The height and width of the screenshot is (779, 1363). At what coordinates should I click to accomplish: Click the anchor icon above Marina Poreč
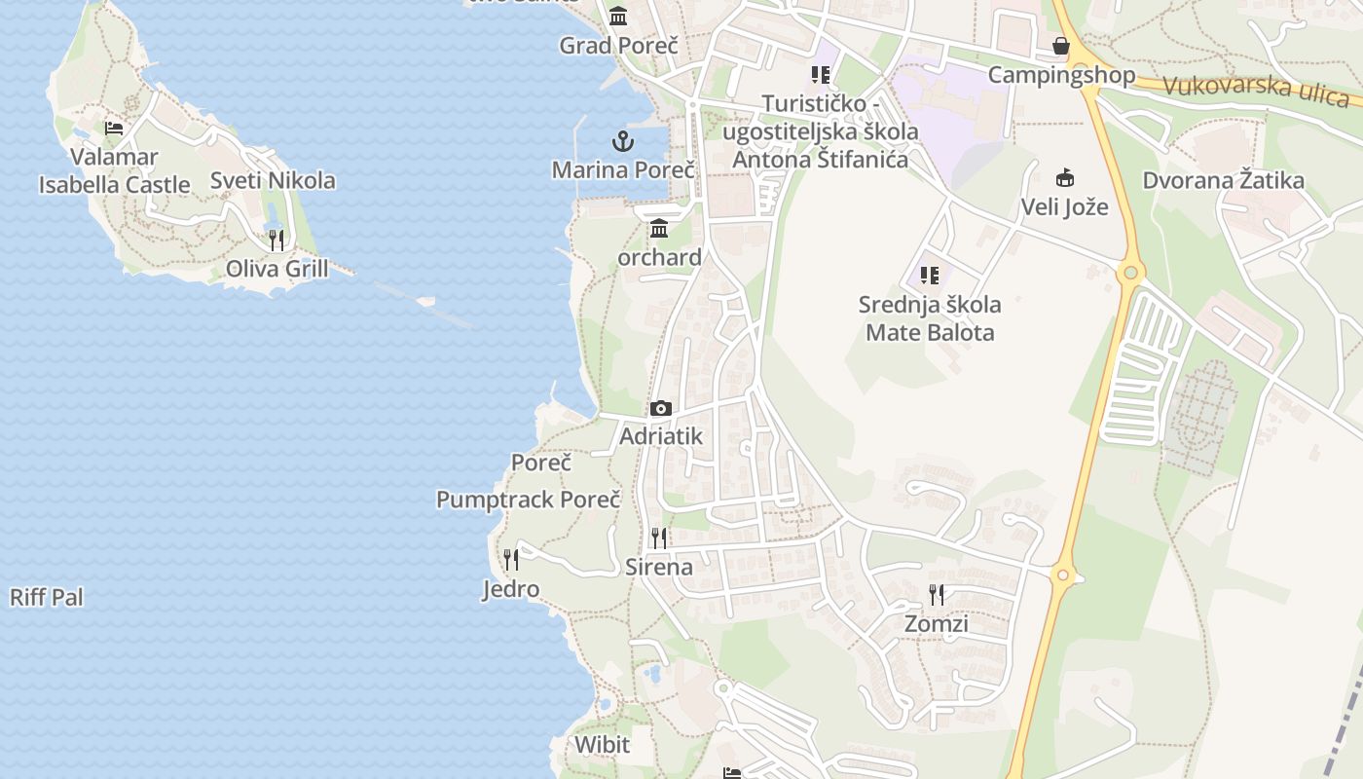pos(623,142)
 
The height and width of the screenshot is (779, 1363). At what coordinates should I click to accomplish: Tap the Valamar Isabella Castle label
pos(115,170)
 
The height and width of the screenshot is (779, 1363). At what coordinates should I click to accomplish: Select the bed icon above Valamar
pos(114,128)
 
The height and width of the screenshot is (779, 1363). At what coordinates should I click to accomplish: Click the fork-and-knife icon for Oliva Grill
pos(276,240)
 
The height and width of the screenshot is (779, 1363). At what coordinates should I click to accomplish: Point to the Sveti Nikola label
pos(273,180)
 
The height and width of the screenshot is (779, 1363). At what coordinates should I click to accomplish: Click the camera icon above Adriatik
pos(661,408)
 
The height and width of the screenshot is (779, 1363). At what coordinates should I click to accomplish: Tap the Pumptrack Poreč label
pos(528,500)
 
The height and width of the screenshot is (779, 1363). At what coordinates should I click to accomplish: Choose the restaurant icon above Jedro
pos(511,559)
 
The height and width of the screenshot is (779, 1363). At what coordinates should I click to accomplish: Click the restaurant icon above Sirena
pos(659,538)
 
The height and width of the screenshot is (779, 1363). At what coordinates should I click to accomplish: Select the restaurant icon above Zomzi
pos(937,594)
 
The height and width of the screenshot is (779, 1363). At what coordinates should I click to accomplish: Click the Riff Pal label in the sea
pos(47,597)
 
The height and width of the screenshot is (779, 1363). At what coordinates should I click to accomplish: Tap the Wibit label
pos(602,745)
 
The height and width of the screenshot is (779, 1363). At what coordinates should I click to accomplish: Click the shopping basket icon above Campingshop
pos(1061,46)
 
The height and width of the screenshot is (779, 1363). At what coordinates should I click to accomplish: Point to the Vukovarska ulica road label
pos(1256,90)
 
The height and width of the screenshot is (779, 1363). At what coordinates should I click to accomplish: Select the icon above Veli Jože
pos(1065,178)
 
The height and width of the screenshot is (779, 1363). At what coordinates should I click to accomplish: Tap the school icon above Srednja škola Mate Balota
pos(930,276)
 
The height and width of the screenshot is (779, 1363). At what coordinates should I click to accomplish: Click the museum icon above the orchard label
pos(659,229)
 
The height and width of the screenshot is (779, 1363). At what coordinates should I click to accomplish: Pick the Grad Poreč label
pos(618,45)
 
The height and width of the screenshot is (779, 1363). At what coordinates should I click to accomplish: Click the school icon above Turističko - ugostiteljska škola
pos(820,75)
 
